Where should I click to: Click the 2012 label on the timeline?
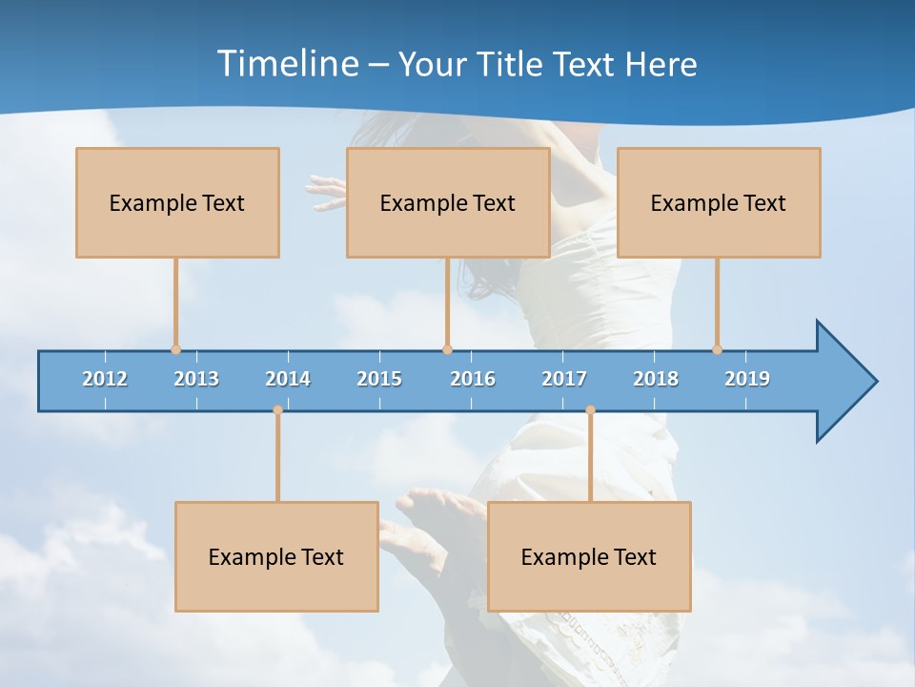105,379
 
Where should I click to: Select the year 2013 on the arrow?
196,379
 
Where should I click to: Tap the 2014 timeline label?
288,379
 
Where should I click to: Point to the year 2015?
379,379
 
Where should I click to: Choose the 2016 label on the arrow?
473,379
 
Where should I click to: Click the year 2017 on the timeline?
564,379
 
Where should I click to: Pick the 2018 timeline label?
656,379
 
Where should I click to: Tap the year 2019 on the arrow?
747,379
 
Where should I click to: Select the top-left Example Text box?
177,202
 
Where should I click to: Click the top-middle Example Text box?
448,202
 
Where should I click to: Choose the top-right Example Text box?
719,202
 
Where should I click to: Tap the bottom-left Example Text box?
276,556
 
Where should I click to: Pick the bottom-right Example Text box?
589,556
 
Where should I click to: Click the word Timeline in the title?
287,64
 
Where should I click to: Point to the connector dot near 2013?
175,350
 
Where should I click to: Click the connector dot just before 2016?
447,350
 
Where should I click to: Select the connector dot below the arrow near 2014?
277,410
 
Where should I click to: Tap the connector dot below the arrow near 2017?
590,410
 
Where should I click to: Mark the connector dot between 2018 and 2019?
717,350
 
